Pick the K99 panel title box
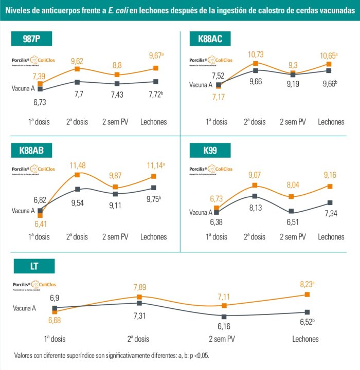[x=210, y=151]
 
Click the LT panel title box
[x=34, y=266]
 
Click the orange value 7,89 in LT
[x=140, y=287]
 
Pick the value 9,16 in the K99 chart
[x=330, y=175]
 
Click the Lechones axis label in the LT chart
[x=305, y=339]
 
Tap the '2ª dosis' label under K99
[x=255, y=237]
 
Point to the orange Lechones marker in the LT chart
[x=307, y=294]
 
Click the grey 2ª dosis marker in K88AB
[x=77, y=189]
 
